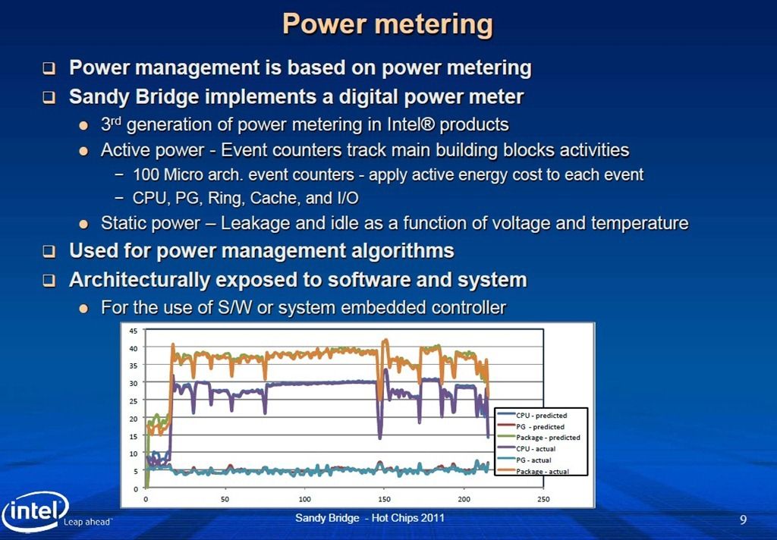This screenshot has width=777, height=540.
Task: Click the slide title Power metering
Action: [388, 24]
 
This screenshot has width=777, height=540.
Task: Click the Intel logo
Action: [35, 510]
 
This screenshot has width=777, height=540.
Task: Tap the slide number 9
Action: [743, 520]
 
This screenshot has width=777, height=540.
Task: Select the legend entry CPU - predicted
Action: [541, 416]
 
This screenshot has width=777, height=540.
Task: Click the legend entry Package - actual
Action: [542, 472]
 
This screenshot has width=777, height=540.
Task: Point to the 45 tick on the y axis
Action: [134, 331]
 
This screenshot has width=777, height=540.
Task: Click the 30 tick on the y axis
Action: [134, 383]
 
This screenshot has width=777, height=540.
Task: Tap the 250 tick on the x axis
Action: [543, 499]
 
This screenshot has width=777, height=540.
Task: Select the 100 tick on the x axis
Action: [305, 499]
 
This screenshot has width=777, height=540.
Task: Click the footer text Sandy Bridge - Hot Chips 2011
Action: [370, 518]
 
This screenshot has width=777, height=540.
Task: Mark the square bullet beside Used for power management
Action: [49, 251]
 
